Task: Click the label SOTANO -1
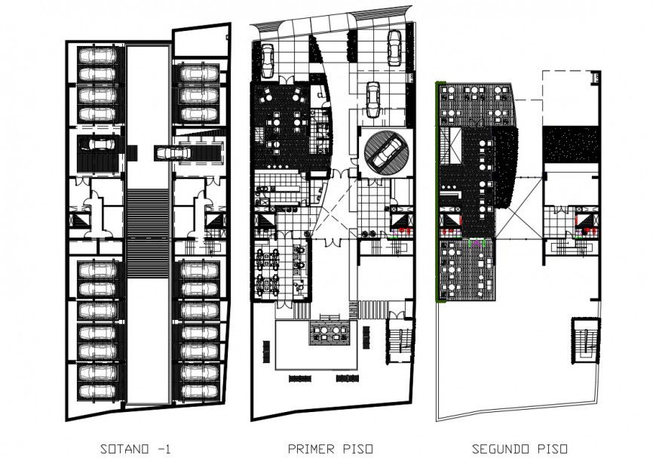pos(136,449)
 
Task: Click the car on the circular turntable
pos(386,152)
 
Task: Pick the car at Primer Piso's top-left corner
pos(267,60)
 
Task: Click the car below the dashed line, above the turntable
pos(372,100)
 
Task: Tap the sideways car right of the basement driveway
pos(173,152)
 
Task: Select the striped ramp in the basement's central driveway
pos(147,234)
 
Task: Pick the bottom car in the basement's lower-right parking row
pos(199,391)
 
